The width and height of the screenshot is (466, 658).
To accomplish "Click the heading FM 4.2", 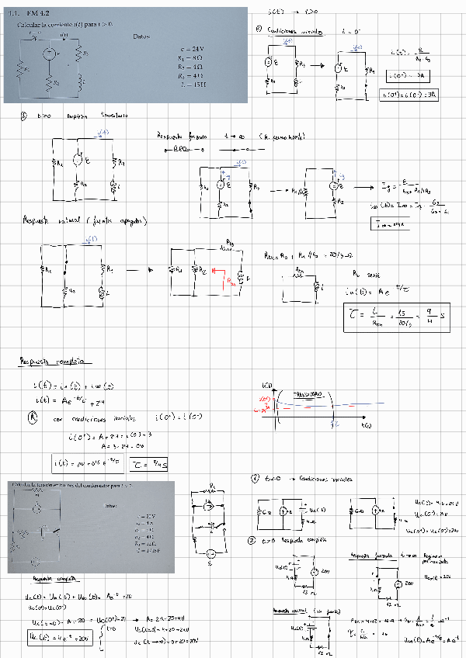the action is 36,14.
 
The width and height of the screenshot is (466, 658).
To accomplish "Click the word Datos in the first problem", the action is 141,36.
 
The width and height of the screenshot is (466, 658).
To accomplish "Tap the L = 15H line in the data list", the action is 191,84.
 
